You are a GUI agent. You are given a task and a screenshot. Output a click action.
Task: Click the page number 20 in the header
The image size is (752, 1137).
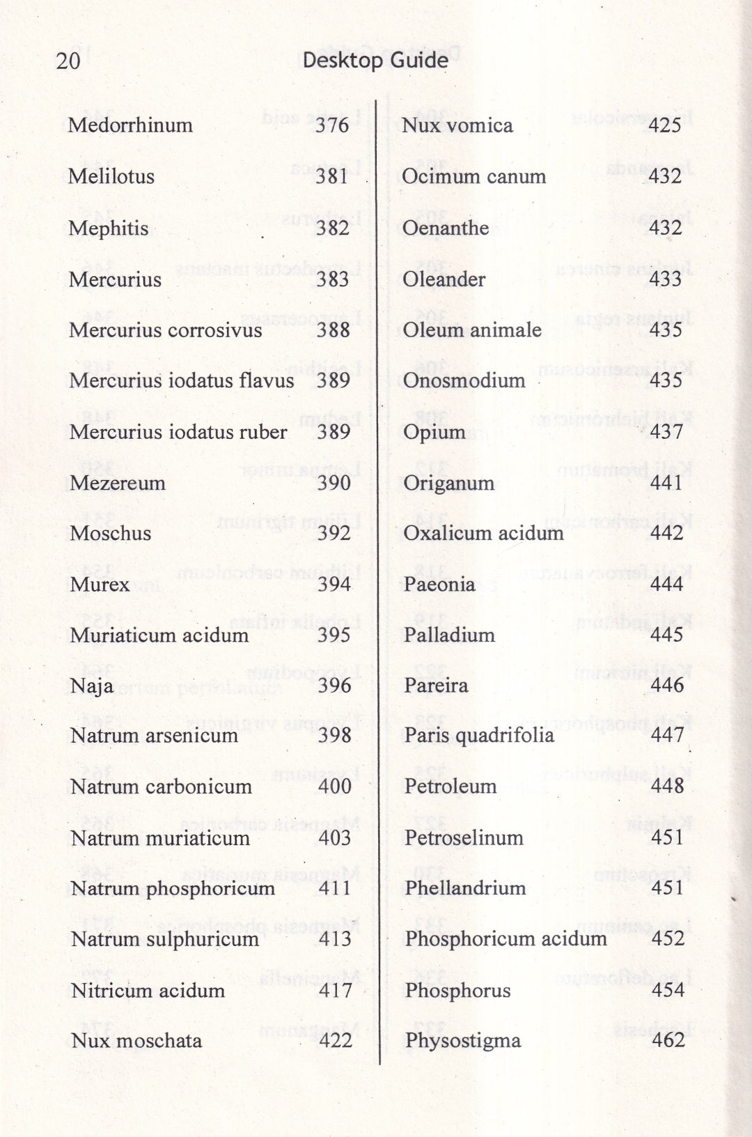tap(68, 61)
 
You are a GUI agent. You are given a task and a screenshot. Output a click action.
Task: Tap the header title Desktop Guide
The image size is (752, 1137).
tap(375, 61)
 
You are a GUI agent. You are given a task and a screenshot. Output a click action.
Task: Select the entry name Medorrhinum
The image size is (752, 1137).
tap(130, 125)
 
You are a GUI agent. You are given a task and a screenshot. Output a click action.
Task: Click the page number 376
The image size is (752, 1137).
tap(331, 125)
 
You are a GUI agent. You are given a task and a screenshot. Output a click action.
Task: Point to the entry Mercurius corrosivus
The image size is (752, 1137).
tap(166, 330)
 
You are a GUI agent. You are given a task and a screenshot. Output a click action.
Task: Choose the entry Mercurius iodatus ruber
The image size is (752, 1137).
tap(178, 432)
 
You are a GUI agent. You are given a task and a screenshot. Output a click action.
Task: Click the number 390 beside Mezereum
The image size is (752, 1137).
tap(334, 483)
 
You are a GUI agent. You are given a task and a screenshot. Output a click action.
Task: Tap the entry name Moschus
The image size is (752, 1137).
tap(111, 534)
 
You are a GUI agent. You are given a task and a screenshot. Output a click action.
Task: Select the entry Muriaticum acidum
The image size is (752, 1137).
tap(159, 635)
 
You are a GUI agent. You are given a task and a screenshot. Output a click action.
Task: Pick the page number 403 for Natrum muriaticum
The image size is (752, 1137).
tap(335, 837)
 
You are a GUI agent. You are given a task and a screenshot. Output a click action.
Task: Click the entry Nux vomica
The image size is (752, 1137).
tap(457, 125)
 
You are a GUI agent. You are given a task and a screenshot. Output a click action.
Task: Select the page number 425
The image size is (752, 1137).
tap(665, 125)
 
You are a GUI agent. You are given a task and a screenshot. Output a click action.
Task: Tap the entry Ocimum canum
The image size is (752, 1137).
tap(474, 176)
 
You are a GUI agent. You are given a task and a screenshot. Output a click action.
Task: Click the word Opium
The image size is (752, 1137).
tap(434, 433)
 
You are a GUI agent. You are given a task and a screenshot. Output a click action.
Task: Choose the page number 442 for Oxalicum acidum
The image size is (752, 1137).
tap(666, 533)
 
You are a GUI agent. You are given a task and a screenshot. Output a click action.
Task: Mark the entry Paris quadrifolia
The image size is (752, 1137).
tap(479, 736)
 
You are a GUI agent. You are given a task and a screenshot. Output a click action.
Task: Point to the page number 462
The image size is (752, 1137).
tap(668, 1041)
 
